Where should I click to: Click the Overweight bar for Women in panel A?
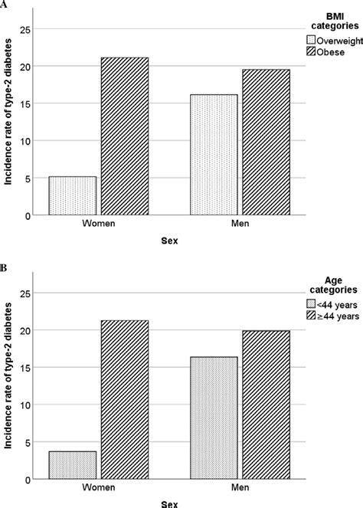(x=73, y=196)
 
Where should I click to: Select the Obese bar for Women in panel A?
(x=125, y=136)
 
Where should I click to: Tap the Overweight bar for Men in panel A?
(x=213, y=155)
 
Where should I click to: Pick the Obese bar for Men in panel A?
(x=265, y=143)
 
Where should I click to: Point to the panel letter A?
(x=5, y=5)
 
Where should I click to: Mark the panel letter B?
(x=5, y=269)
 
